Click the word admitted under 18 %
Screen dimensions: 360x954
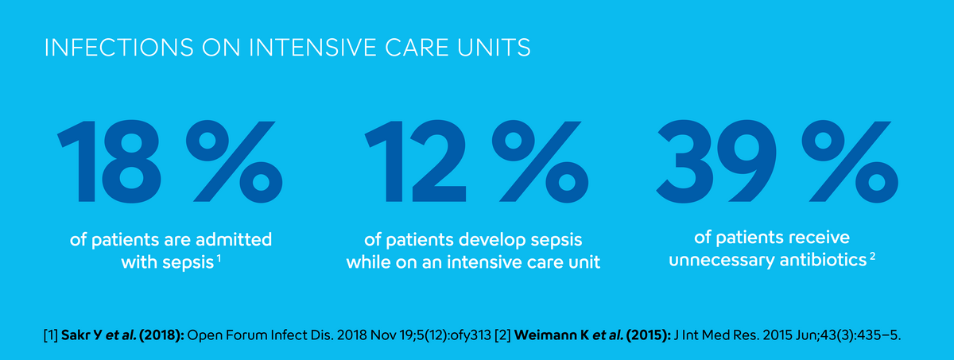coord(237,239)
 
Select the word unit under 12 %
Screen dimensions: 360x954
coord(584,261)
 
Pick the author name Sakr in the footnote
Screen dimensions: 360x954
coord(77,335)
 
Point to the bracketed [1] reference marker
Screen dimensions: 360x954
coord(51,335)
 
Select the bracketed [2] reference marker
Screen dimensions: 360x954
coord(500,335)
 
